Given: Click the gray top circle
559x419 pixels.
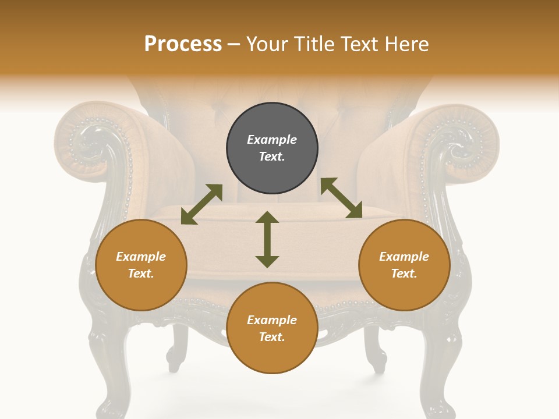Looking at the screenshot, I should (x=272, y=148).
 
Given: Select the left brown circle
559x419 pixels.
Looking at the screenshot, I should (x=141, y=265).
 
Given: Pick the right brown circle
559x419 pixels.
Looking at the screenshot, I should (x=404, y=265).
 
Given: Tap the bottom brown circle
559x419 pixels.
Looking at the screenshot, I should (x=272, y=328).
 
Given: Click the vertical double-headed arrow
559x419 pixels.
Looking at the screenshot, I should (x=267, y=239).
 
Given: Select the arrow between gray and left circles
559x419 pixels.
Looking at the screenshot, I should (x=201, y=204).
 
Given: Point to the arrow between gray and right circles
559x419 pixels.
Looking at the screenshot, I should (x=341, y=198).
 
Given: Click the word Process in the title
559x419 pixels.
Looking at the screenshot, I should (x=183, y=44).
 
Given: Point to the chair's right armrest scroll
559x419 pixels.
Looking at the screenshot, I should (x=466, y=143).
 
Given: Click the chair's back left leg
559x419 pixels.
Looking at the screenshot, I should (x=175, y=349).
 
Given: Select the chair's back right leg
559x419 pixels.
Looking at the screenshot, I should (x=376, y=349).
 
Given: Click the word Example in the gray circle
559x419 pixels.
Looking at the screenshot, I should (x=272, y=140).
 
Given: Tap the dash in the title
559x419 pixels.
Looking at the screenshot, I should (x=234, y=44).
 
